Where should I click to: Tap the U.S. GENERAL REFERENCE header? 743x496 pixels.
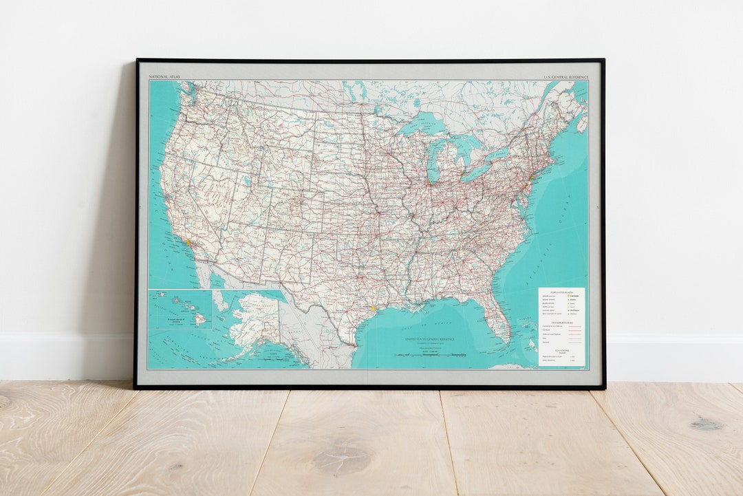pyautogui.click(x=566, y=78)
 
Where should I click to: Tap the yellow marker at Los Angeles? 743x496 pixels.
pyautogui.click(x=187, y=242)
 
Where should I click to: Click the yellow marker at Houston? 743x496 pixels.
pyautogui.click(x=373, y=309)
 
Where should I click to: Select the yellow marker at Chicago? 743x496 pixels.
pyautogui.click(x=429, y=183)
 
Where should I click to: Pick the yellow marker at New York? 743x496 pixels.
pyautogui.click(x=530, y=178)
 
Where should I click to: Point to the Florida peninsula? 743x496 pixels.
pyautogui.click(x=499, y=320)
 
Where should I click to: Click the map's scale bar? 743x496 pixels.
pyautogui.click(x=430, y=355)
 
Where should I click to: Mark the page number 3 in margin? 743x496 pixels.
pyautogui.click(x=598, y=207)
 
